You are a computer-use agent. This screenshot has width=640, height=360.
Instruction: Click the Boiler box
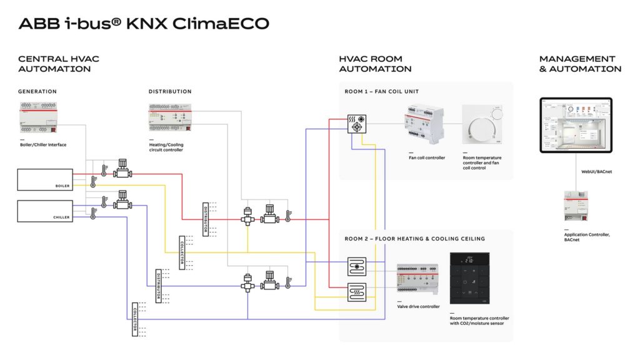[44, 179]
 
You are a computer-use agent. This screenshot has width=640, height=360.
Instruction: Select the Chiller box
[44, 210]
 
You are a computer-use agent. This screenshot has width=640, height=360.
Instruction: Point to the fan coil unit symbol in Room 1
[357, 122]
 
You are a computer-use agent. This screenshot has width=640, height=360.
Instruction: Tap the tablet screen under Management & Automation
[576, 125]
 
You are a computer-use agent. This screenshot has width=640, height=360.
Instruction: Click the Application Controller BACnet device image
[576, 206]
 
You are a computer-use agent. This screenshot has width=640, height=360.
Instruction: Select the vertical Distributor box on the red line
[204, 219]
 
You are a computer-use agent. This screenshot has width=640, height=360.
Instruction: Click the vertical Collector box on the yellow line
[182, 251]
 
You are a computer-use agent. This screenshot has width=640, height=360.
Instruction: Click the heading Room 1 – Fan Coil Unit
[382, 92]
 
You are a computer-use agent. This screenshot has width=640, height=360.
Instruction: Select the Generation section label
[37, 92]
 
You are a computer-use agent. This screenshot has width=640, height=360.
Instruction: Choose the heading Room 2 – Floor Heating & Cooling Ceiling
[414, 239]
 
